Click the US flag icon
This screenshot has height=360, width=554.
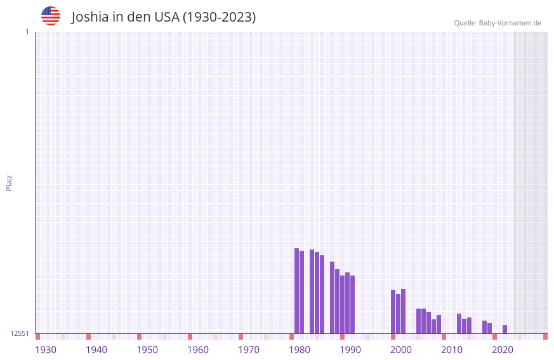tap(51, 16)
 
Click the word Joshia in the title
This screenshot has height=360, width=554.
tap(89, 17)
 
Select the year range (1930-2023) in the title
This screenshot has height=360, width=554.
tap(220, 17)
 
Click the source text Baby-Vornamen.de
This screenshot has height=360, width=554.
tap(510, 23)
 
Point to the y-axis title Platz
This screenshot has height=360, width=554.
tap(9, 182)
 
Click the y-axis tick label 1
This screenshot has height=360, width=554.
tap(27, 32)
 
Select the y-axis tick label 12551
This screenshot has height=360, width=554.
tap(20, 333)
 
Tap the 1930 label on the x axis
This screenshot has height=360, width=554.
tap(46, 350)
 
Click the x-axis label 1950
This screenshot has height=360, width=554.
tap(147, 350)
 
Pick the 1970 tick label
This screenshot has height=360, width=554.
tap(249, 350)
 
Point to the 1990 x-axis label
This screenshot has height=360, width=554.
tap(350, 350)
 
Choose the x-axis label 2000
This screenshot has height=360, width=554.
tap(401, 350)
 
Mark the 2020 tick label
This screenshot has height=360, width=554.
tap(503, 350)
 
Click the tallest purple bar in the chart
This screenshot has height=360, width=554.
tap(296, 290)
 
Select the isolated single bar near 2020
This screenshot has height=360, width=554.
tap(505, 329)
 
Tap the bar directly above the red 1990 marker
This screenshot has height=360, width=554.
tap(342, 304)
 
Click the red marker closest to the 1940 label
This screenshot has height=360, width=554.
tap(88, 337)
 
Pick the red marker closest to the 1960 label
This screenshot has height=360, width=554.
tap(190, 337)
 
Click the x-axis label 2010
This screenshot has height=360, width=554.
tap(452, 350)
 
